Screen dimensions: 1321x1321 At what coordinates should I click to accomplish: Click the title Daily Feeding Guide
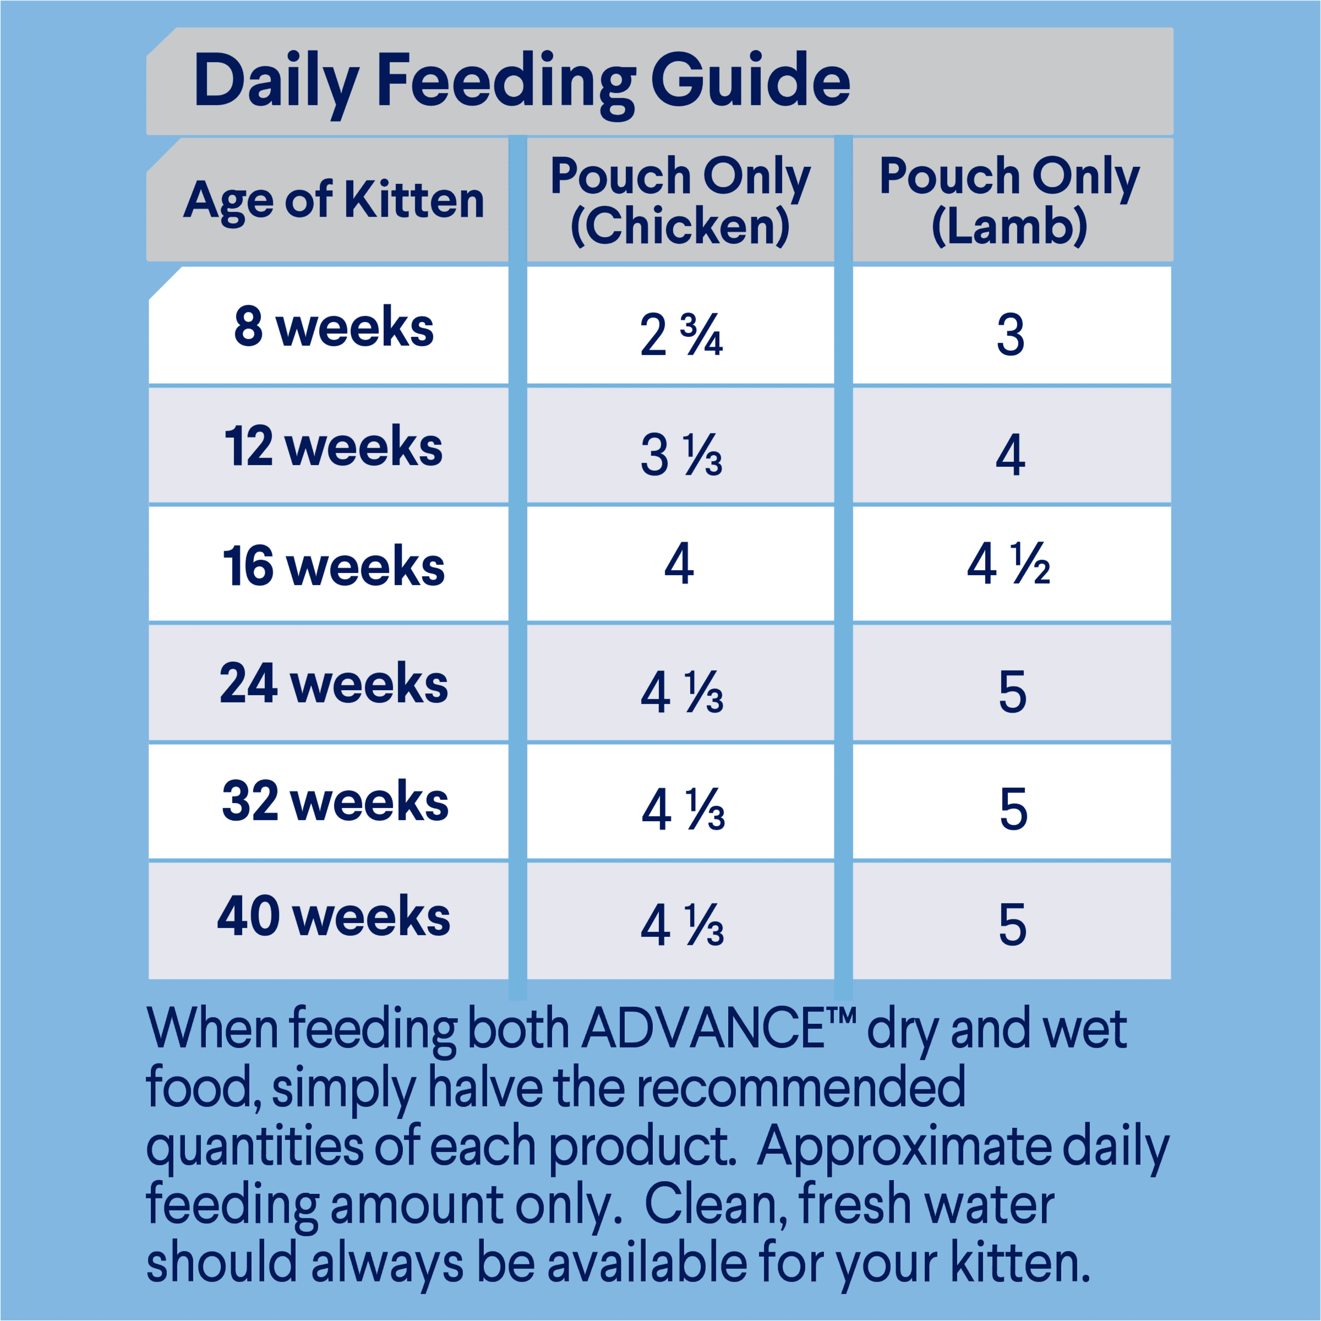(521, 82)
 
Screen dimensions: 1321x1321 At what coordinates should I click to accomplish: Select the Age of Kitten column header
(334, 200)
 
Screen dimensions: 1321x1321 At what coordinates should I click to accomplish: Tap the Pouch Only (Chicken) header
(680, 200)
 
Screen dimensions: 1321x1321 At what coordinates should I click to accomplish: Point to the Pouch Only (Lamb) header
(1009, 200)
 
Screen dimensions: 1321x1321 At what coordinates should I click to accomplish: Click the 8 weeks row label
(334, 327)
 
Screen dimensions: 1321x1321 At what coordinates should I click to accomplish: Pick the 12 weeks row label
(334, 446)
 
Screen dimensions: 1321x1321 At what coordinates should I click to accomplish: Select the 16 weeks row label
(334, 566)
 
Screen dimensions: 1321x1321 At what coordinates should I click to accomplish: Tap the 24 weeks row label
(334, 684)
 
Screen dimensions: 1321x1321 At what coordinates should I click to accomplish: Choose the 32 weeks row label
(335, 801)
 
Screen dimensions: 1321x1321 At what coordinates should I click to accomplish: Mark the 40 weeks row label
(334, 917)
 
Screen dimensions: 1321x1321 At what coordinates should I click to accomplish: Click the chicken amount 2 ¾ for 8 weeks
(681, 335)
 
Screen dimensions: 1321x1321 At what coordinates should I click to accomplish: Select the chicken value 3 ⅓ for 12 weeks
(681, 455)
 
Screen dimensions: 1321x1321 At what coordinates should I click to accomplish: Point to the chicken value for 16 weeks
(679, 564)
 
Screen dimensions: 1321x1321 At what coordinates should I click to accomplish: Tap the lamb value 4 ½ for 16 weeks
(1008, 564)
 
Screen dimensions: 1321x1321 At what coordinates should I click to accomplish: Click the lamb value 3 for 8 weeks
(1011, 335)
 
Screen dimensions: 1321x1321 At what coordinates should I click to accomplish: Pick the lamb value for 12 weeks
(1011, 455)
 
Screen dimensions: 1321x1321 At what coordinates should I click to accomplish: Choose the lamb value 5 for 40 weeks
(1013, 925)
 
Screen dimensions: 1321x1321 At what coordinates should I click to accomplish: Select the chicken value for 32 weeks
(683, 810)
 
